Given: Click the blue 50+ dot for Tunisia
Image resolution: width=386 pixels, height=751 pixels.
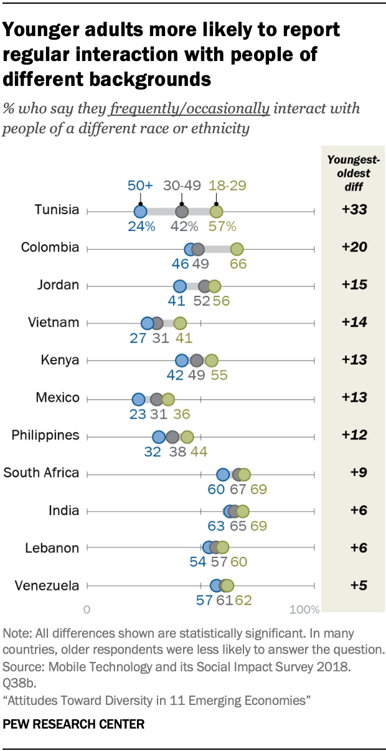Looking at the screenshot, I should (141, 212).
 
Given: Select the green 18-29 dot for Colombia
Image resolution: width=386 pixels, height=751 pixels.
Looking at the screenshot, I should (237, 249).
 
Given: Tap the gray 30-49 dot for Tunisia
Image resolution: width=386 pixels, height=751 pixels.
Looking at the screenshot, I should (182, 212).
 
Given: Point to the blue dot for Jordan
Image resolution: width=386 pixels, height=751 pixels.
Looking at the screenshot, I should (179, 286).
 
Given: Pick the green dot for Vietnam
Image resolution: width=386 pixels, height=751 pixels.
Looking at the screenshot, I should (180, 324).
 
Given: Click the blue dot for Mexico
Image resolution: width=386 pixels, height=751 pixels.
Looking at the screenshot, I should (138, 399).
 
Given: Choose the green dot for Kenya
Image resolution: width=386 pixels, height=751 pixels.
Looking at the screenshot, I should (212, 361).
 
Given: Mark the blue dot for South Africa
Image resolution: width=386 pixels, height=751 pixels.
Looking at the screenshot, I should (223, 475).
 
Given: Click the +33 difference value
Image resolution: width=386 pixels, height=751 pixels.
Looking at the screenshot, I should (354, 210).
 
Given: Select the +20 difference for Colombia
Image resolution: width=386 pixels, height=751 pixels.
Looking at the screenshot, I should (354, 247).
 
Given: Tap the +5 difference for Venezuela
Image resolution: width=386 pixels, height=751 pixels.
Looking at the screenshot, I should (354, 585).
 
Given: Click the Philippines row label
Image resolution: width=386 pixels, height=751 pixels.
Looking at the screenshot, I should (45, 435).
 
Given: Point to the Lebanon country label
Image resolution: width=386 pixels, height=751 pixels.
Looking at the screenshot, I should (52, 548).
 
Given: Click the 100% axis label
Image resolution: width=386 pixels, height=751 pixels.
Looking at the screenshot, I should (305, 608).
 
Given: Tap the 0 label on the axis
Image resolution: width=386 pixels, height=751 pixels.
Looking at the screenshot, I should (87, 608).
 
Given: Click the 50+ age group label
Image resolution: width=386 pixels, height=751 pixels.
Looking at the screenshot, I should (141, 186).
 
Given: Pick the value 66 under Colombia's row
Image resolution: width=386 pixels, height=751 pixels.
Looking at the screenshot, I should (238, 264).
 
